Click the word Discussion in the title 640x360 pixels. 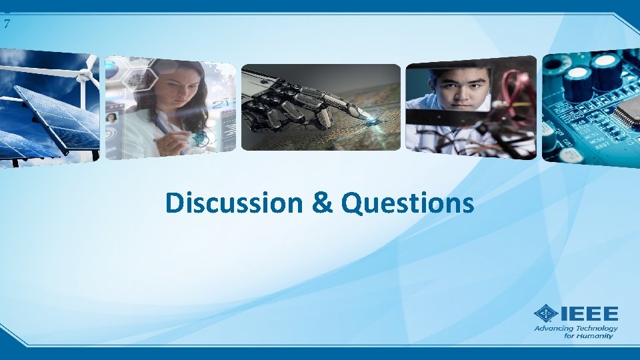point(233,203)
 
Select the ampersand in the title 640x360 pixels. point(321,203)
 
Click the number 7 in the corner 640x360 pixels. point(7,25)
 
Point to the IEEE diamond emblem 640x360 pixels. point(546,314)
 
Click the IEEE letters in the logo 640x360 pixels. point(589,313)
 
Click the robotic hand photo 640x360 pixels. point(321,107)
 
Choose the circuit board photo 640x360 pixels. point(591,107)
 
